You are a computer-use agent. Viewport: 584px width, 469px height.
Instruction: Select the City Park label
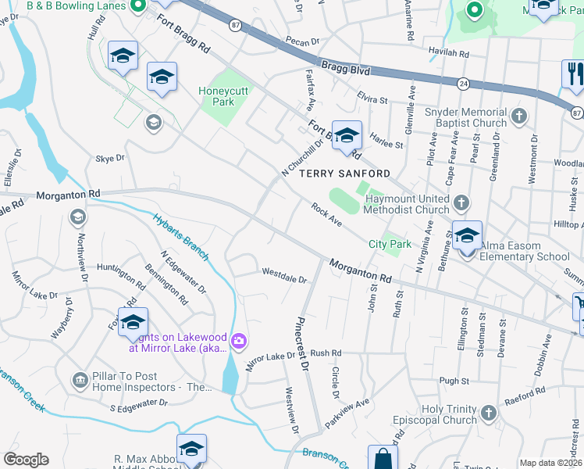click(390, 245)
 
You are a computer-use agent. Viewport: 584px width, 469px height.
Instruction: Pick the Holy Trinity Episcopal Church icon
click(488, 413)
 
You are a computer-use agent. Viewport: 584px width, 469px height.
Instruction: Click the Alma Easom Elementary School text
click(524, 256)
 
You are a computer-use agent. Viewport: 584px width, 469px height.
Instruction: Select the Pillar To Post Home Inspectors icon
click(80, 381)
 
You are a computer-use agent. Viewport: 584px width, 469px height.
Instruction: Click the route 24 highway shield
click(463, 82)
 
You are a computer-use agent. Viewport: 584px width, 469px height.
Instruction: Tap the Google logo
click(25, 460)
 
